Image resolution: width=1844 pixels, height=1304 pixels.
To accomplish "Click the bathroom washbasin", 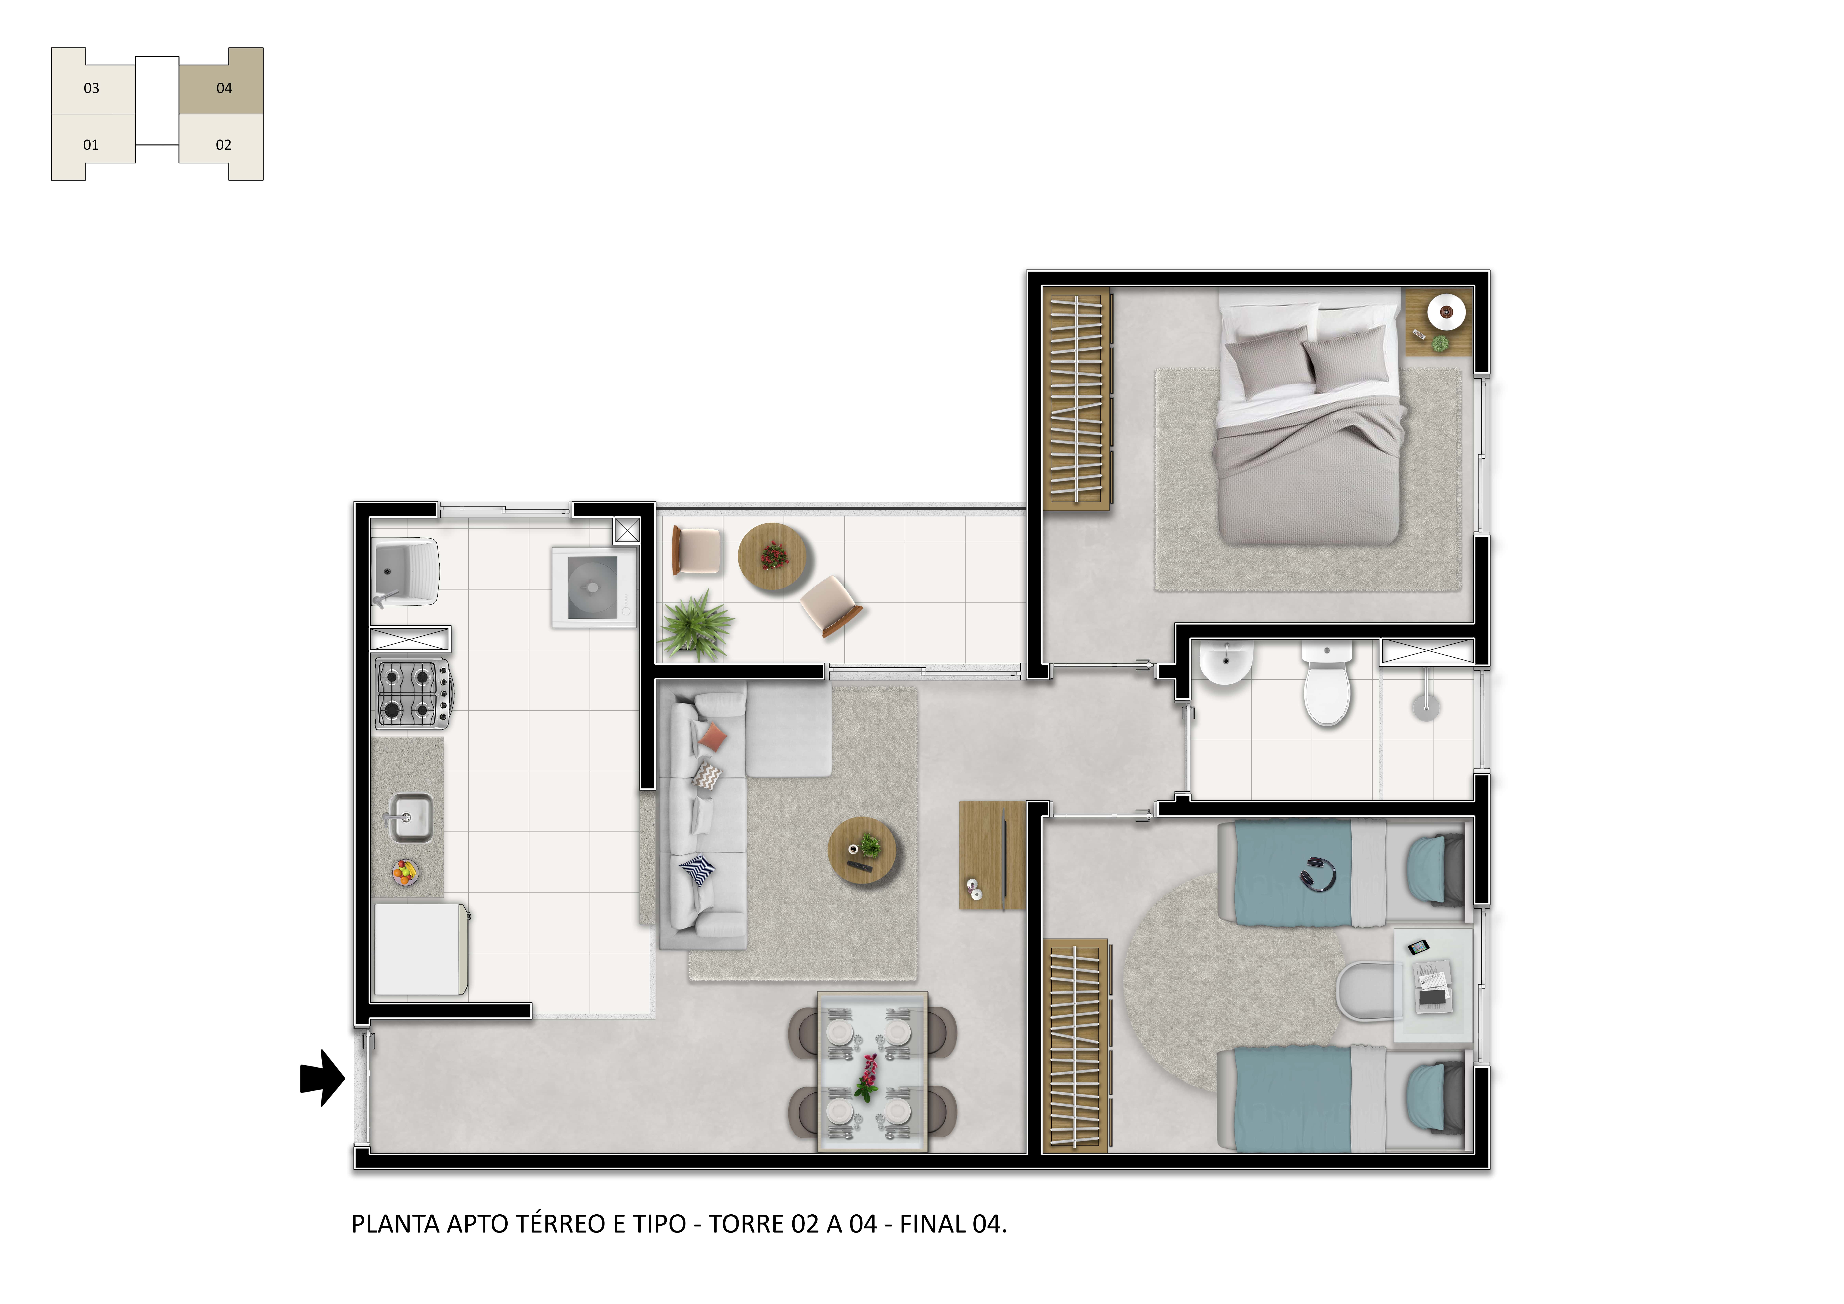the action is [1225, 663].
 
